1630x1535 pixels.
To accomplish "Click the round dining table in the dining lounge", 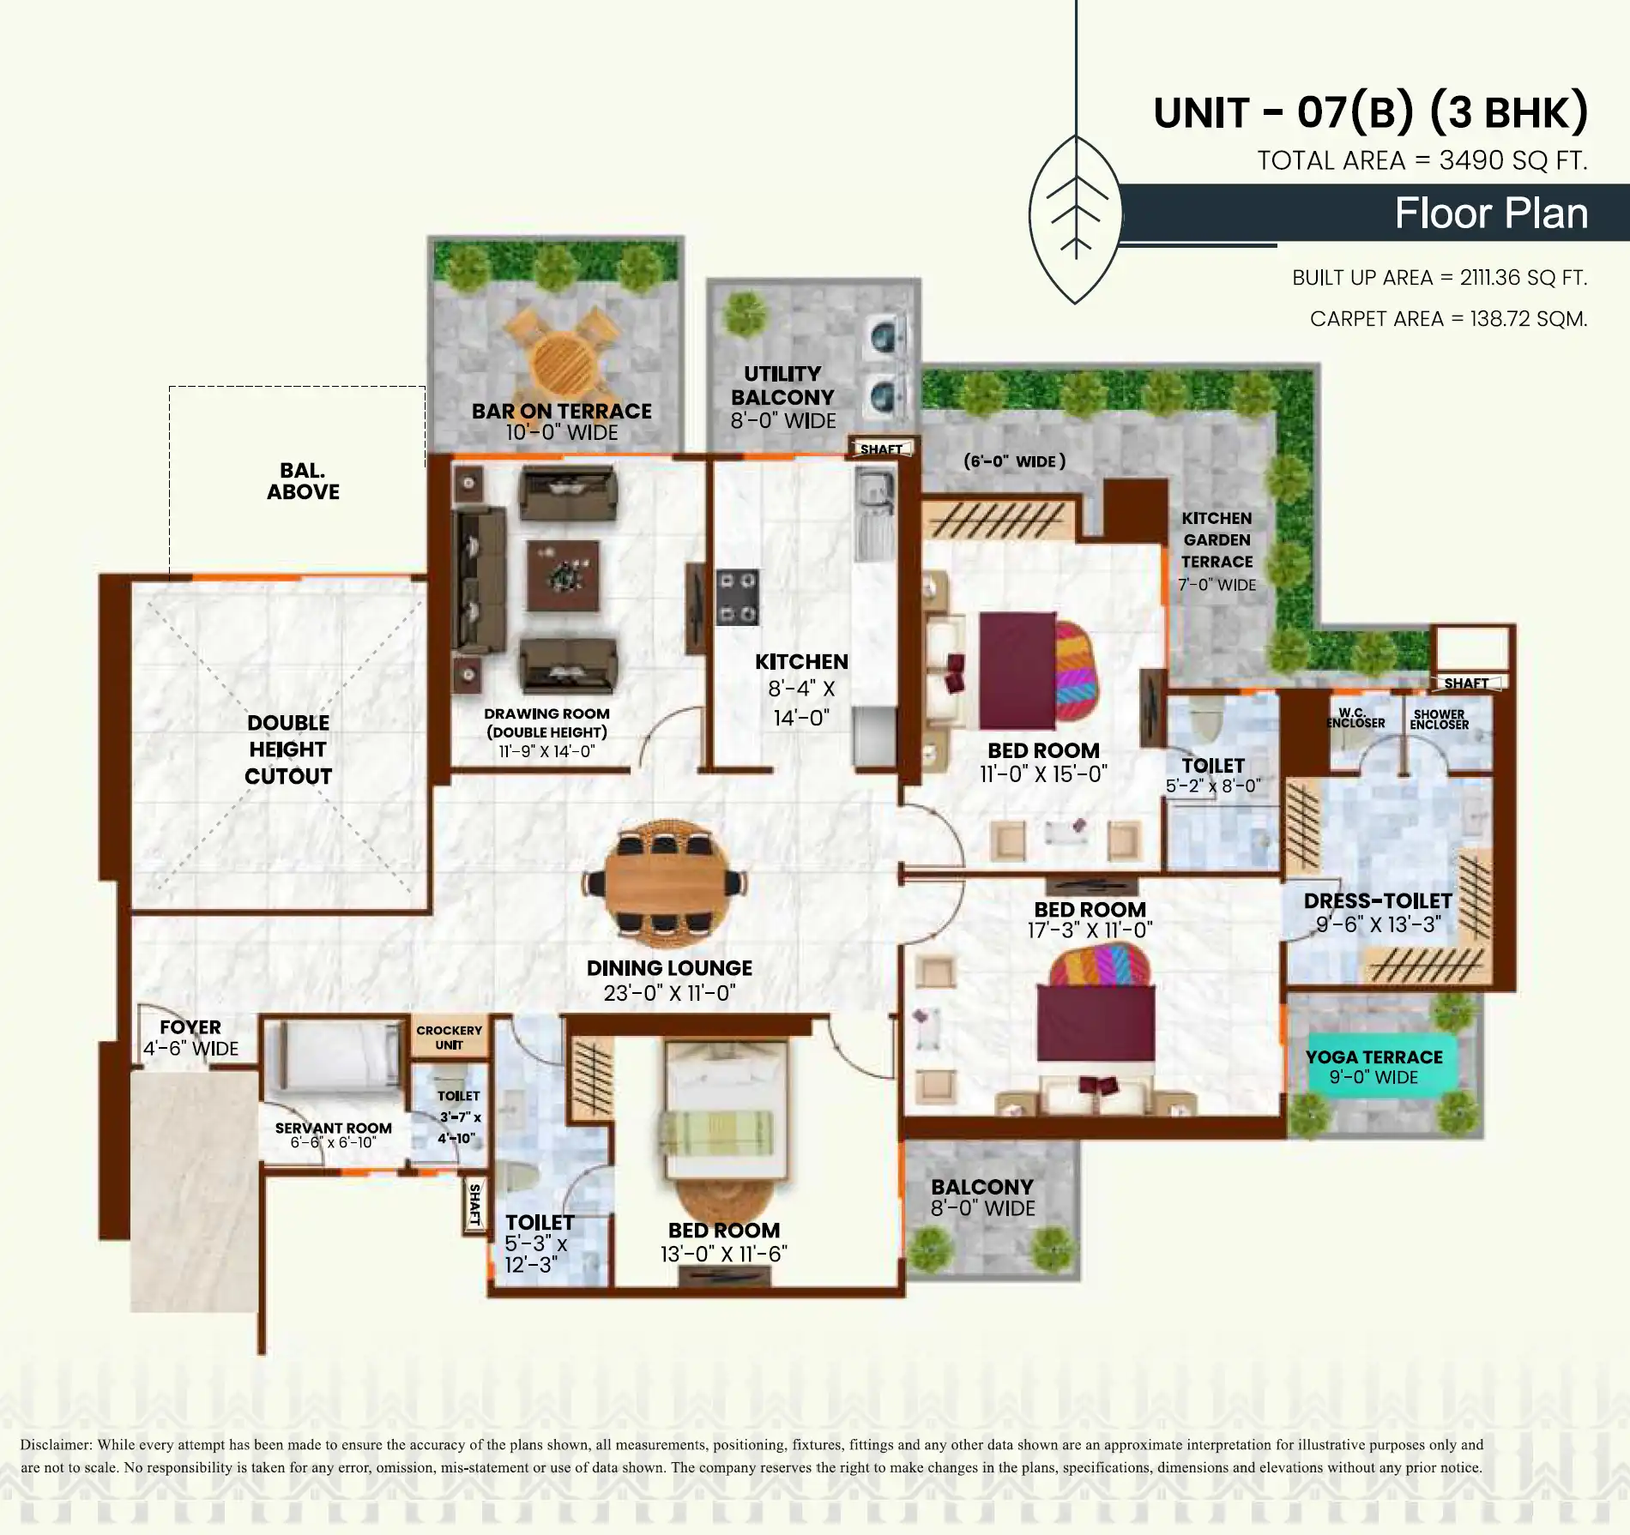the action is pos(668,883).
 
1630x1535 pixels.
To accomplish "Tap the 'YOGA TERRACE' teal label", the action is pos(1374,1057).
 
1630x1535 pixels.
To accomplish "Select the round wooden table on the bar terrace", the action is pos(563,364).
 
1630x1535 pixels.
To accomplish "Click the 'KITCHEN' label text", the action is pos(801,662).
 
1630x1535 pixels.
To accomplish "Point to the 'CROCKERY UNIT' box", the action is pos(449,1038).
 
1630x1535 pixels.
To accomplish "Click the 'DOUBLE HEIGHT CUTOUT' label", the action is pos(288,749).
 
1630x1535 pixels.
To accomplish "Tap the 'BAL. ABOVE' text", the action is pos(303,481).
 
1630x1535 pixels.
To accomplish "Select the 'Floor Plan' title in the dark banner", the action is pos(1491,213).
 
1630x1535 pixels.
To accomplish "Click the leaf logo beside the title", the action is pos(1076,219).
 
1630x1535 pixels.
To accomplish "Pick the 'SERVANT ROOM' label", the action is pos(333,1129).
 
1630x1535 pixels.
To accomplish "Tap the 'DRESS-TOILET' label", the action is pos(1378,901).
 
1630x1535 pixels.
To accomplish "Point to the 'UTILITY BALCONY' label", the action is pos(782,386).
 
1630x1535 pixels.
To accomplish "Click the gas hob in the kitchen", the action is pos(738,597).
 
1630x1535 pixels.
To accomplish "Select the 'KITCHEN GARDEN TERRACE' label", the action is pos(1216,540).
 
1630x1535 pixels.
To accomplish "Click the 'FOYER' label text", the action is pos(190,1027).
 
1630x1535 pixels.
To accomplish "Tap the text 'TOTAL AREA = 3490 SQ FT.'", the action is pos(1422,160).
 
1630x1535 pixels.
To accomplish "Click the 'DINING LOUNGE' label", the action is pos(669,968).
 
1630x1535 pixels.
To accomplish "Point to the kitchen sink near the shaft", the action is pos(874,492).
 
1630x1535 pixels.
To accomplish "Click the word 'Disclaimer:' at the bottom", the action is pos(57,1444).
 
